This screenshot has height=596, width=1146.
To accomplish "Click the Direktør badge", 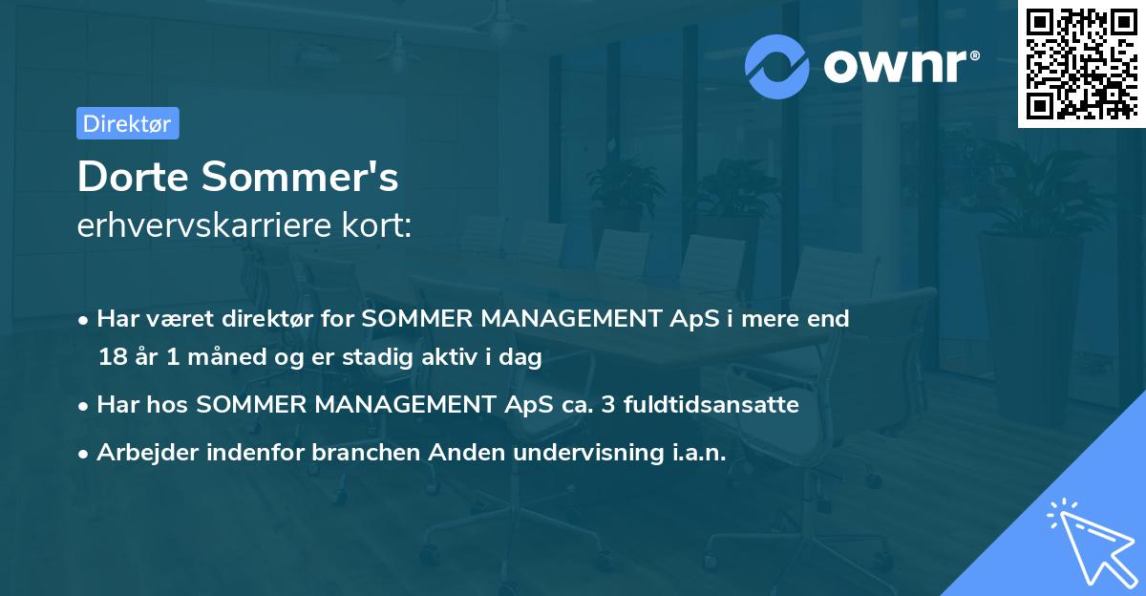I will coord(127,123).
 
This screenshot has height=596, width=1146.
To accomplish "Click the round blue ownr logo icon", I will coord(777,66).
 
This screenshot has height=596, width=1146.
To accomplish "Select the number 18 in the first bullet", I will coord(112,358).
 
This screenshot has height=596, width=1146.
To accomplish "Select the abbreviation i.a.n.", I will coord(694,452).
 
